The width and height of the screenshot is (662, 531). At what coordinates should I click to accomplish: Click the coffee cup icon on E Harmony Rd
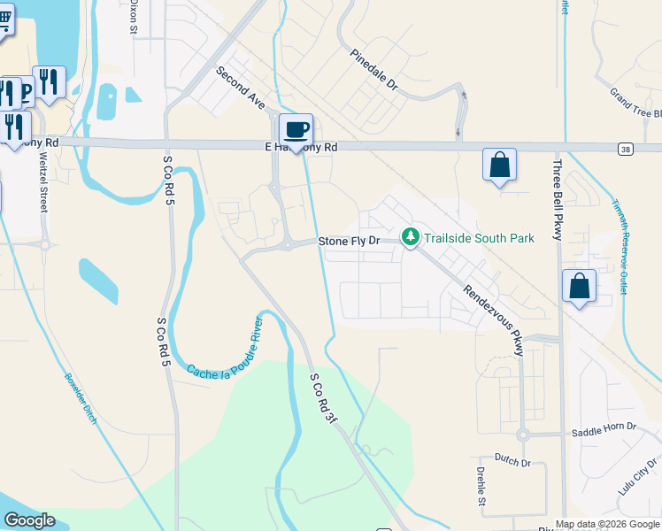tap(296, 130)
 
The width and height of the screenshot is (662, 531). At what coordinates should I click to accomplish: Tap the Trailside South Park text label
tap(478, 239)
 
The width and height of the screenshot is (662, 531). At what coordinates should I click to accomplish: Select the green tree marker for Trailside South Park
tap(410, 238)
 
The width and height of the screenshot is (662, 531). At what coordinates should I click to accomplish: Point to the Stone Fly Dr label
tap(349, 241)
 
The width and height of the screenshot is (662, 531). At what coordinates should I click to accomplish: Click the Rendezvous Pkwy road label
tap(494, 320)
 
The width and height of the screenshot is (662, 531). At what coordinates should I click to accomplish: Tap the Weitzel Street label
tap(42, 181)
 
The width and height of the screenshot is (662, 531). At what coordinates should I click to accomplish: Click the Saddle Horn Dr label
tap(604, 428)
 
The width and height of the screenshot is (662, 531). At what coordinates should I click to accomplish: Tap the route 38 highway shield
tap(626, 148)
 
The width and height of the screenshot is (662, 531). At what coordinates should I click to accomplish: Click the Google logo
tap(29, 520)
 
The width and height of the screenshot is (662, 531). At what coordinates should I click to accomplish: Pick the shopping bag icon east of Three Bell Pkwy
tap(579, 287)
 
